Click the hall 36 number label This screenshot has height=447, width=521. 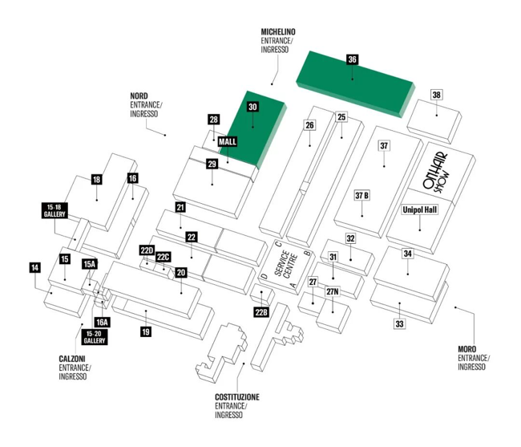coord(352,59)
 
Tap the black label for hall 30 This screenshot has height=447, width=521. coord(252,107)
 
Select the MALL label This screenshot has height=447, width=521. coord(228,142)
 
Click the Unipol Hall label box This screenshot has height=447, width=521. coord(420,209)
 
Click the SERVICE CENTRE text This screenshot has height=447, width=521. coord(286,263)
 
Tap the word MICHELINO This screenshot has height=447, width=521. coord(278,32)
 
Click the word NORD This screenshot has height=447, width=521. coord(139,96)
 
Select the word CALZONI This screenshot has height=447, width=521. coord(72,359)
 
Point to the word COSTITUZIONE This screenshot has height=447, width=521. coord(237,397)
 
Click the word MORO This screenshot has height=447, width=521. coord(466,349)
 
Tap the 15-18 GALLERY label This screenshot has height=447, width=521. coord(55,210)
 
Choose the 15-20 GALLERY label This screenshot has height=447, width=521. coord(95,337)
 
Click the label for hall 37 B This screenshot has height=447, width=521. coord(361,195)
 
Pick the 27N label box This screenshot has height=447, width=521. coord(333,291)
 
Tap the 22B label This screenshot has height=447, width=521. coord(261,312)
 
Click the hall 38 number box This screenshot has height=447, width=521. coord(436,95)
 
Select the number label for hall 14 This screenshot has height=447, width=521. coord(35,268)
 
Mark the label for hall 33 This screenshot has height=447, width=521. coord(399,323)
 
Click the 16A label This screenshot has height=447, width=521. coord(102,323)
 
